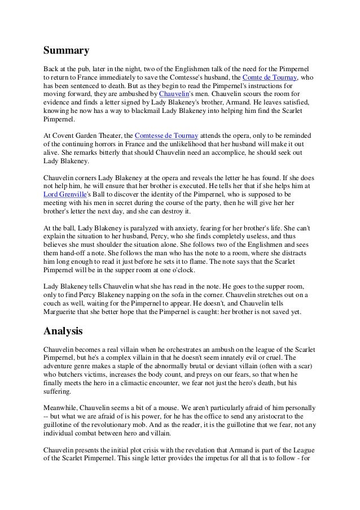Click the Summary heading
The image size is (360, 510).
pyautogui.click(x=67, y=51)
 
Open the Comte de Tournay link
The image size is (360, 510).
pyautogui.click(x=269, y=77)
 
